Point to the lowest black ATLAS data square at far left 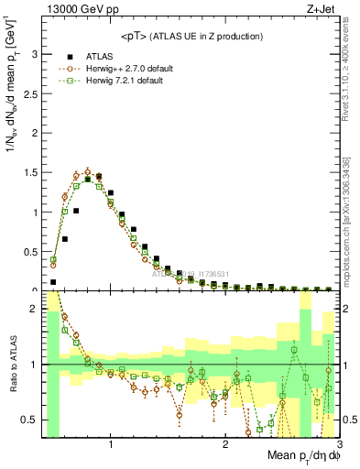[x=53, y=282]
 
